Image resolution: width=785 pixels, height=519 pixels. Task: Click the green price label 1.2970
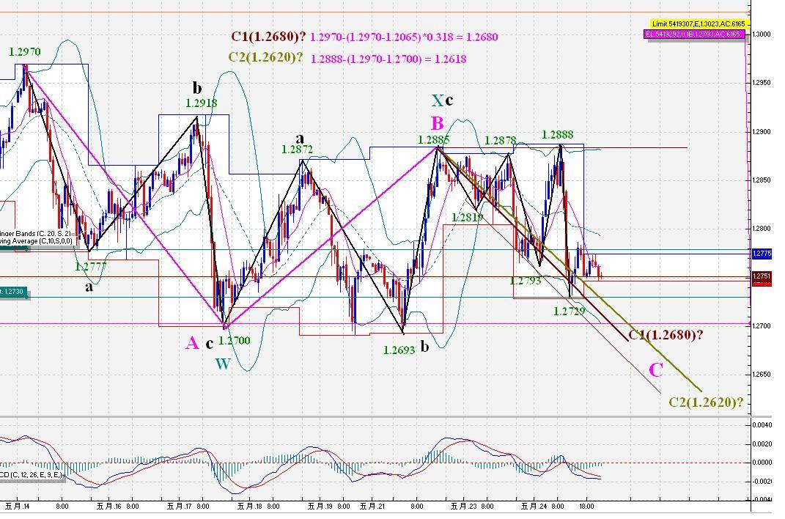[x=24, y=52]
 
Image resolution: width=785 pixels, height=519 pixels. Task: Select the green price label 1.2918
[x=201, y=104]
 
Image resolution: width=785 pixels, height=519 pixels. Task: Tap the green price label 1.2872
[x=297, y=150]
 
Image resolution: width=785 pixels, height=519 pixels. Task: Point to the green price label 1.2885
[x=433, y=140]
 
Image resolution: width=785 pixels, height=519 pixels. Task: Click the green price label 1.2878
[x=500, y=141]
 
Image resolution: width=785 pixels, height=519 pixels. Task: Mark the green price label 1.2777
[x=91, y=267]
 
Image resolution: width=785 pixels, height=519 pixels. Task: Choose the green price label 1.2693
[x=399, y=350]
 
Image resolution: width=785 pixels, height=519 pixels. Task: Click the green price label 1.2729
[x=569, y=312]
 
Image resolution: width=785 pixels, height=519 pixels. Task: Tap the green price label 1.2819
[x=467, y=218]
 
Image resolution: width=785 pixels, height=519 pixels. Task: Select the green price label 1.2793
[x=525, y=281]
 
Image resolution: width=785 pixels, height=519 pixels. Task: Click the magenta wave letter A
[x=192, y=343]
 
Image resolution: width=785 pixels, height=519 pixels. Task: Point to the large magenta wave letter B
[x=437, y=123]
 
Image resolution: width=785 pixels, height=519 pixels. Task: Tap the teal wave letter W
[x=222, y=364]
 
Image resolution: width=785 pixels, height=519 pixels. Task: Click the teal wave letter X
[x=437, y=101]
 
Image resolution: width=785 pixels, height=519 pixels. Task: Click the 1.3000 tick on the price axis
[x=762, y=34]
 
